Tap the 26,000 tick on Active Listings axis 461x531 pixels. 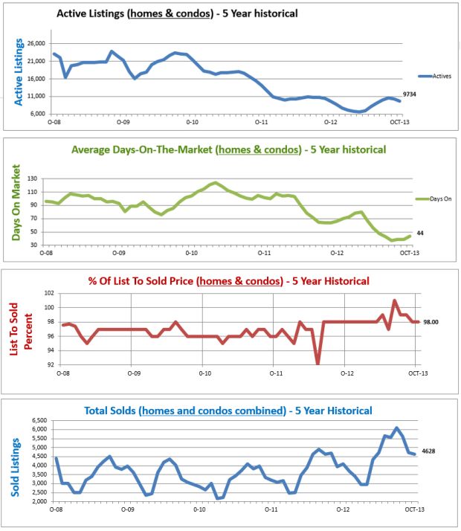click(35, 42)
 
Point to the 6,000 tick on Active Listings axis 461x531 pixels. click(35, 114)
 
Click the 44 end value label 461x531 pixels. click(421, 233)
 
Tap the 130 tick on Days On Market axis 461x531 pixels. click(33, 178)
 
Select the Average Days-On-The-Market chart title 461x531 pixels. click(228, 149)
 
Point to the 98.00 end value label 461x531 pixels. click(433, 322)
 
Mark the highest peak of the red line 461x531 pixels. click(394, 300)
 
